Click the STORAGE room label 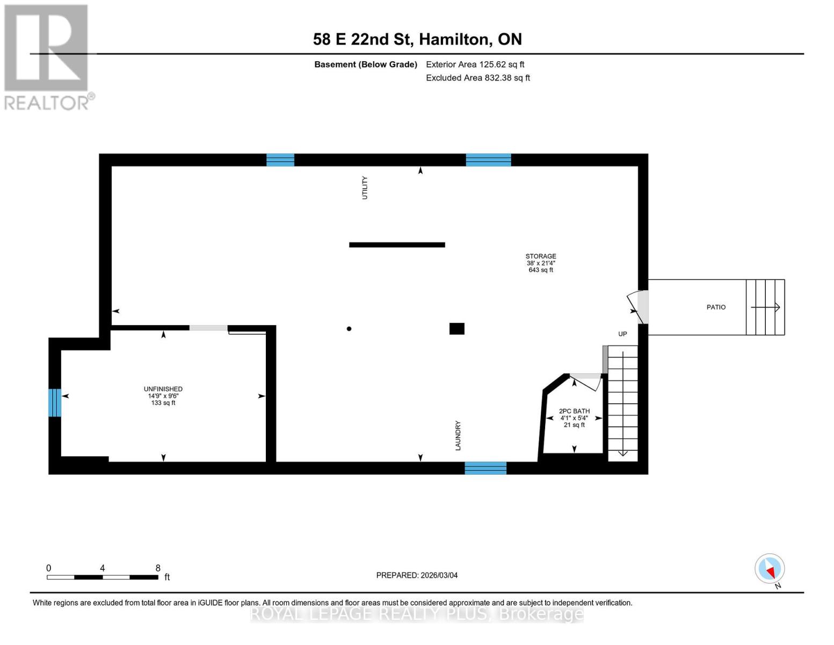(540, 256)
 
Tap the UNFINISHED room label (163, 389)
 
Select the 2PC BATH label (574, 411)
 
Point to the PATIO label (716, 307)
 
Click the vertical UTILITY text (365, 188)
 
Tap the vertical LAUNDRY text (458, 435)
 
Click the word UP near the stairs (622, 334)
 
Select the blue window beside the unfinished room (54, 403)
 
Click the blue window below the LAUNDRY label (485, 468)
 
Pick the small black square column (456, 328)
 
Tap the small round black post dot (349, 329)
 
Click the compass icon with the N (770, 569)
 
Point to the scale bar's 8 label (158, 568)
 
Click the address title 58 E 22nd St (417, 39)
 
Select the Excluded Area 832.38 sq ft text (477, 78)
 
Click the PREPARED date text (417, 575)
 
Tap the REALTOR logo (47, 56)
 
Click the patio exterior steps (765, 307)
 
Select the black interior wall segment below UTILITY (397, 245)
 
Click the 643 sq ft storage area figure (540, 270)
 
